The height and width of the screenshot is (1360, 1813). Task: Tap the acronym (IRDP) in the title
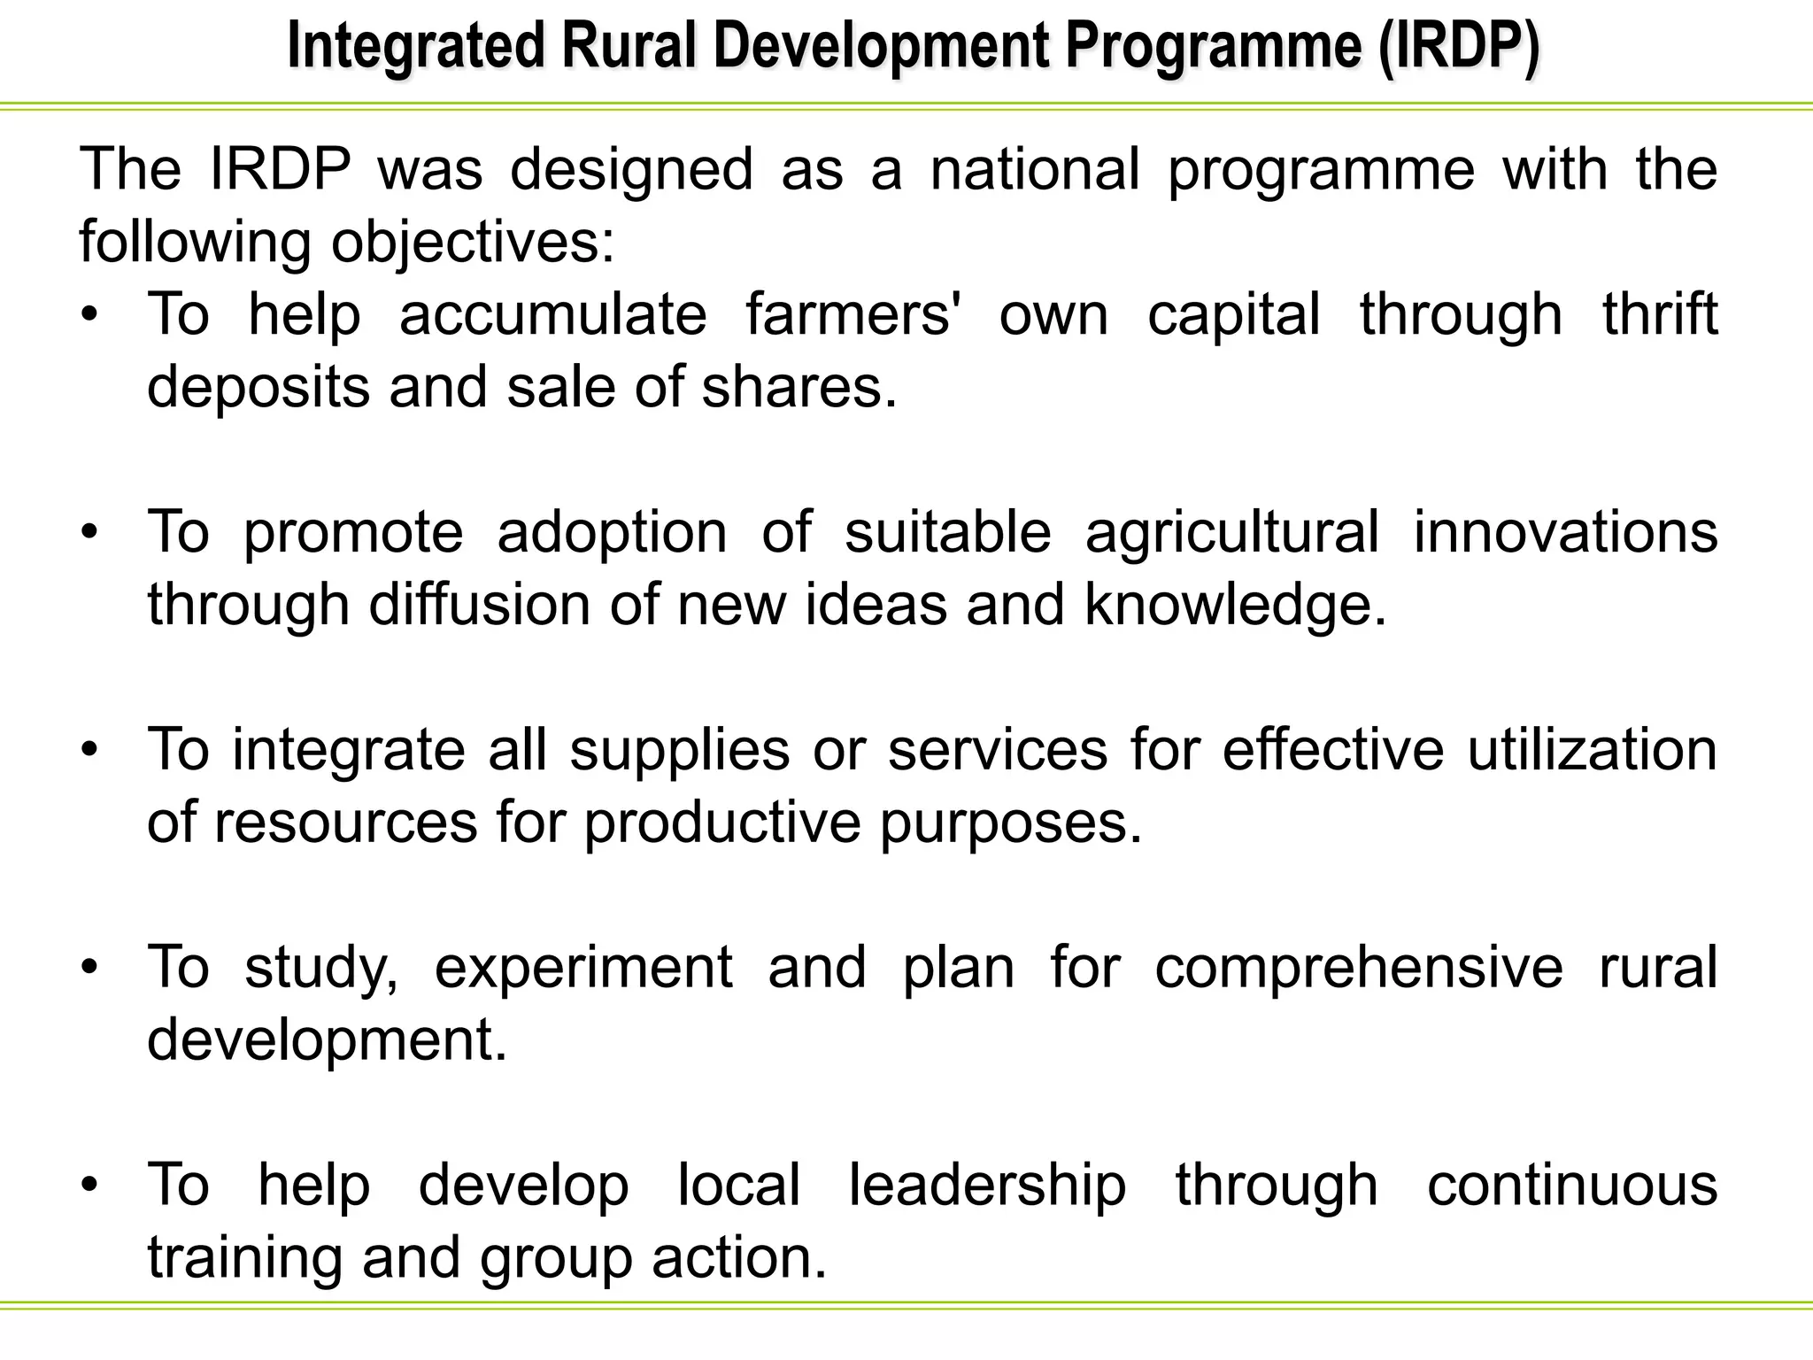tap(1458, 48)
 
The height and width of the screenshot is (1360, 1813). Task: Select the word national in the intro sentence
tap(1034, 169)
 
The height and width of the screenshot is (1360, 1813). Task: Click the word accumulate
tap(553, 314)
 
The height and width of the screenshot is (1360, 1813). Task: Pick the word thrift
tap(1660, 314)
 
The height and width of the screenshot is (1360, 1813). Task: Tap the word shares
tap(798, 387)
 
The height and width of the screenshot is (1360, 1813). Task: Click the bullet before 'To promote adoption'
tap(89, 533)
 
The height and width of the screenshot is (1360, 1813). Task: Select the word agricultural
tap(1231, 532)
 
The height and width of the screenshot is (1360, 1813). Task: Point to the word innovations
tap(1565, 532)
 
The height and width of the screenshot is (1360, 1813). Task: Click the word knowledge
tap(1235, 606)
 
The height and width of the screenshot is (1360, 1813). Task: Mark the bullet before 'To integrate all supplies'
tap(89, 751)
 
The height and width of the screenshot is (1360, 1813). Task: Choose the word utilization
tap(1592, 750)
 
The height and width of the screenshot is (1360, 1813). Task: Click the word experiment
tap(583, 967)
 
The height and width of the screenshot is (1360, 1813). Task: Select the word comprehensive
tap(1359, 967)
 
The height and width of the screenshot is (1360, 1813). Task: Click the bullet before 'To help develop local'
tap(89, 1186)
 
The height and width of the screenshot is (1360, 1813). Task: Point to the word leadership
tap(987, 1185)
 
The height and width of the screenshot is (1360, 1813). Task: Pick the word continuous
tap(1572, 1185)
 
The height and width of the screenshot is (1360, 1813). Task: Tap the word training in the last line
tap(244, 1258)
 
